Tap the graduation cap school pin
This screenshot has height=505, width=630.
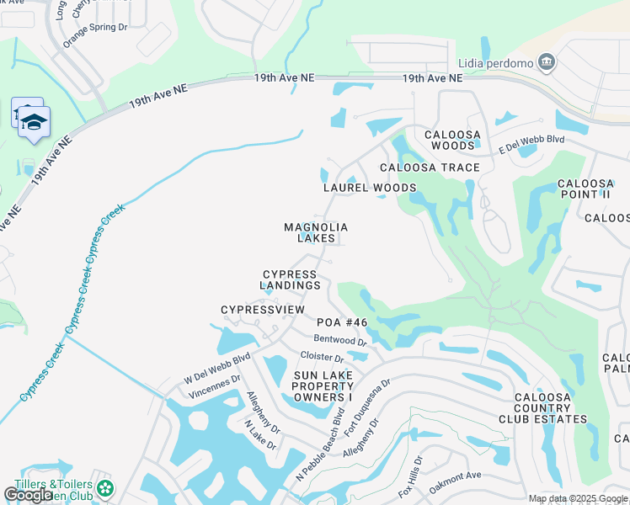coord(34,123)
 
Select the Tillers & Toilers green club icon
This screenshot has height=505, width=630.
coord(104,487)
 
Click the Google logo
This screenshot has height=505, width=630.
coord(28,495)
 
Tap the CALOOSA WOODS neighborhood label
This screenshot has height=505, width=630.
coord(452,140)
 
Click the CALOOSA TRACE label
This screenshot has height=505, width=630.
coord(430,167)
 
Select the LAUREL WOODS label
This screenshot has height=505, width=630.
coord(370,188)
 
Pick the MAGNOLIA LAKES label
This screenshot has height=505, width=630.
coord(316,232)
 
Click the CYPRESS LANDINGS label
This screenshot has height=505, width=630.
coord(291,280)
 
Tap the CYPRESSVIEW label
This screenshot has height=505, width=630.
coord(262,310)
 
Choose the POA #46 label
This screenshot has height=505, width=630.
coord(342,322)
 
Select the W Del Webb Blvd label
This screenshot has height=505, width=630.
coord(217,369)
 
